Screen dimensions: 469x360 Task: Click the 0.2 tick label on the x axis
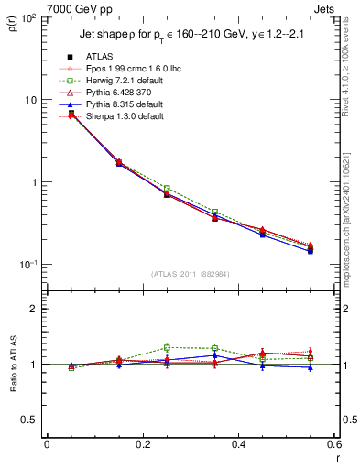(143, 445)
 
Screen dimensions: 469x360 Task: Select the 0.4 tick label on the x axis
(238, 445)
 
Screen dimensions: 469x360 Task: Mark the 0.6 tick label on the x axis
(333, 445)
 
